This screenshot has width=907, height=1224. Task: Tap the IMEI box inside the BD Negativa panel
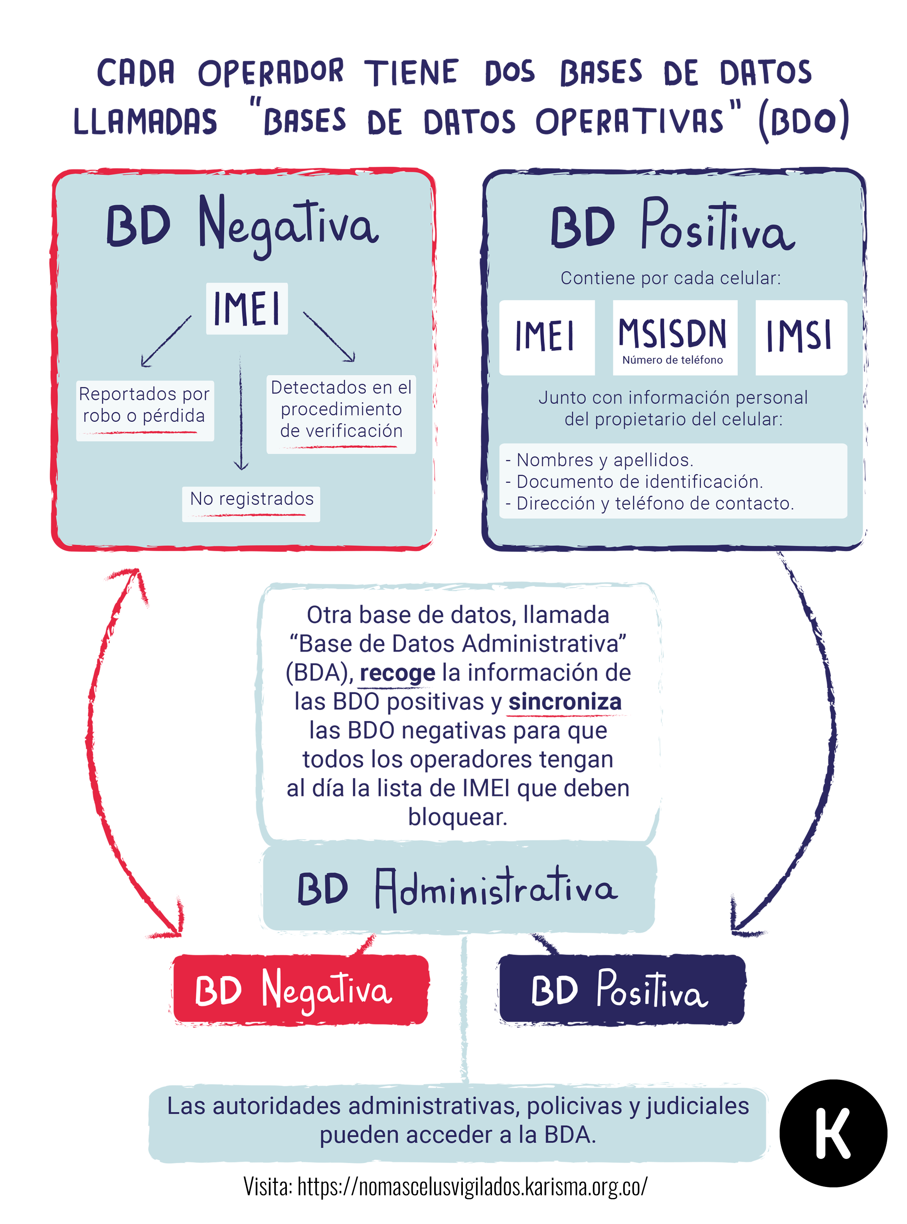click(x=247, y=308)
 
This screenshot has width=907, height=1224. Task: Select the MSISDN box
click(x=675, y=338)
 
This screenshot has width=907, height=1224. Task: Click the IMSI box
click(x=801, y=338)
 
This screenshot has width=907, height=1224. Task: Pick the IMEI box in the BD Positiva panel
click(x=547, y=338)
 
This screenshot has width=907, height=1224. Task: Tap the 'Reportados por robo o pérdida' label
click(x=145, y=410)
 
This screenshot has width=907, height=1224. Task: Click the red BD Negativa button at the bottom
click(x=300, y=990)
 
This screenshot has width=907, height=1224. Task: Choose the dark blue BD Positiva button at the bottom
click(x=622, y=990)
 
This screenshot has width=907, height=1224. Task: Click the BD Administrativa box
click(x=459, y=888)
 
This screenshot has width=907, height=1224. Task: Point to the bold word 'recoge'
click(x=397, y=673)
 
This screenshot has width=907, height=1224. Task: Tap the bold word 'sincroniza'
click(x=565, y=702)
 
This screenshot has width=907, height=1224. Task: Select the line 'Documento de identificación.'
click(x=634, y=482)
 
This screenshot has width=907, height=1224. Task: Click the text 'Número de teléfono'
click(x=672, y=360)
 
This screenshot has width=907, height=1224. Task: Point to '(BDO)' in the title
click(x=804, y=121)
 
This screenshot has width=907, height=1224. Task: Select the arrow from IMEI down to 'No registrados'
click(x=241, y=412)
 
